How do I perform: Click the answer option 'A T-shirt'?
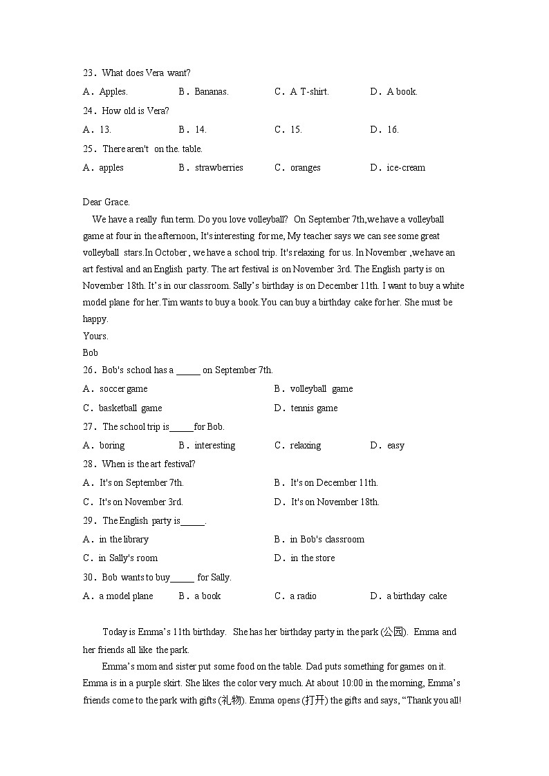coord(309,92)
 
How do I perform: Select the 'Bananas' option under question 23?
coord(211,92)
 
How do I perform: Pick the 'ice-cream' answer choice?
coord(406,168)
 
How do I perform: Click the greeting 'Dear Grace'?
coord(106,202)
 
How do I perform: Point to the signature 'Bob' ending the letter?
coord(90,352)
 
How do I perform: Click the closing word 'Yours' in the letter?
coord(95,336)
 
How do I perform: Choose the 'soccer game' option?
coord(123,389)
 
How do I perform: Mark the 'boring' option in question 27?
coord(112,446)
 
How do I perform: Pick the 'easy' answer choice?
coord(396,446)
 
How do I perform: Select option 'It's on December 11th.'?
coord(334,483)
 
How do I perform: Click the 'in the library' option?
coord(124,540)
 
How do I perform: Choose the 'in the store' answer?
coord(313,558)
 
